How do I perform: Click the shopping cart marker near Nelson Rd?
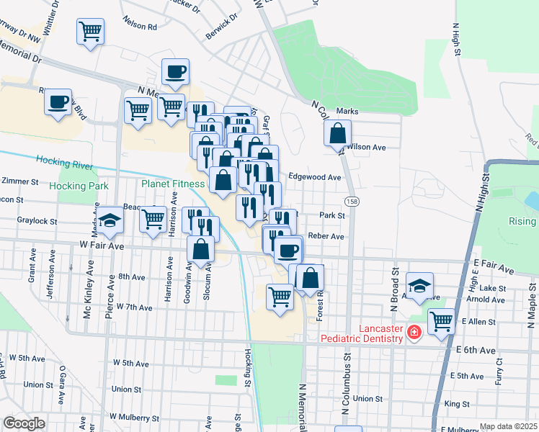[x=91, y=31]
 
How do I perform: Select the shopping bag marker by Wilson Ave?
[x=337, y=133]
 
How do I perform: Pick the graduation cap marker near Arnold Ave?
[x=420, y=285]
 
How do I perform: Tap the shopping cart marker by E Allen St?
[x=441, y=321]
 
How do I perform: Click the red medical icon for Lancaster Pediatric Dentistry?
[x=414, y=332]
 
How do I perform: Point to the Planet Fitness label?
[x=173, y=184]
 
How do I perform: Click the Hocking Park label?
[x=79, y=186]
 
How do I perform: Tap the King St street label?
[x=456, y=404]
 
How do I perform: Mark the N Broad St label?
[x=396, y=288]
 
